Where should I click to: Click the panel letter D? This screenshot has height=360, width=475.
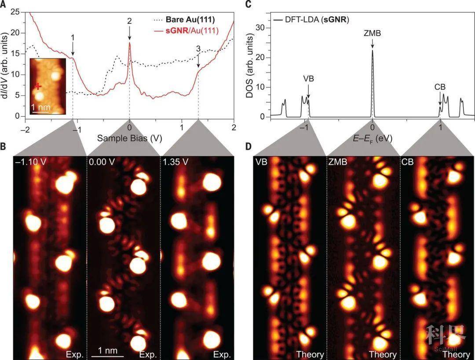[249, 146]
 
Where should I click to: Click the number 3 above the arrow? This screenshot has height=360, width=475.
[198, 48]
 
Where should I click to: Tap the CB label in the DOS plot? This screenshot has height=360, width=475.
[440, 87]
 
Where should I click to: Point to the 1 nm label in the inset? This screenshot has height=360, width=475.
[41, 107]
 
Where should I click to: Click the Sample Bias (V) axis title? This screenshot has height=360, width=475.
[129, 138]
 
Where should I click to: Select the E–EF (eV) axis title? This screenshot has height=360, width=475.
[373, 138]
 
